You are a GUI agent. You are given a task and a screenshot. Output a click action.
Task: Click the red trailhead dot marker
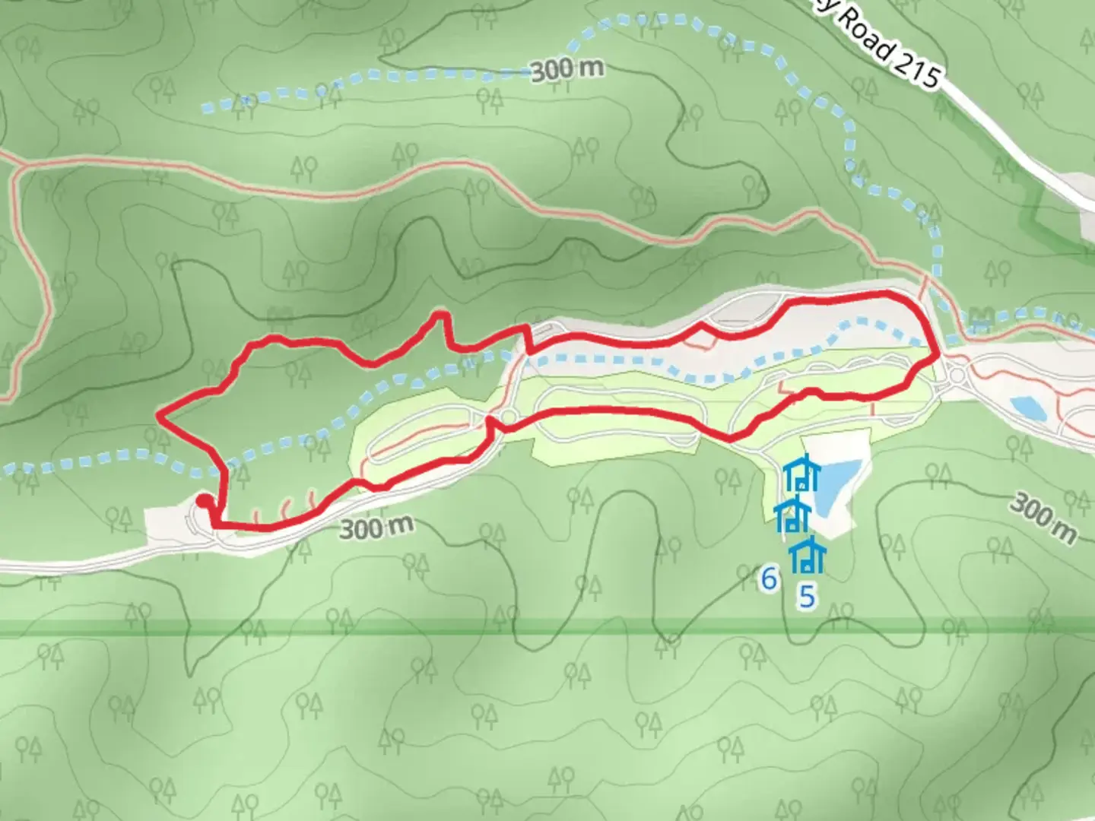204,500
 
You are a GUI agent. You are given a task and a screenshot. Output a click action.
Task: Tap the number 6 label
769,579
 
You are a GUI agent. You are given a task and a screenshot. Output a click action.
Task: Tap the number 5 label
806,597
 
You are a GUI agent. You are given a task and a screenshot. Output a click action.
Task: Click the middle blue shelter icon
792,517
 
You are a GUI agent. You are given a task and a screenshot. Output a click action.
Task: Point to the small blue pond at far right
1026,407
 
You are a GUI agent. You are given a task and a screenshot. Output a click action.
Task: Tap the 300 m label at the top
567,70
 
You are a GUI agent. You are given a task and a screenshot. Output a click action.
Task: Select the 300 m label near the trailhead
376,528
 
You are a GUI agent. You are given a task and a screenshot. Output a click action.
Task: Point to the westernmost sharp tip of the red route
157,415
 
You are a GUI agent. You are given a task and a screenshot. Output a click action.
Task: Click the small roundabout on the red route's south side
508,417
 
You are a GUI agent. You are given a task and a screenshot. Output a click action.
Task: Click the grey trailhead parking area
171,525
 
